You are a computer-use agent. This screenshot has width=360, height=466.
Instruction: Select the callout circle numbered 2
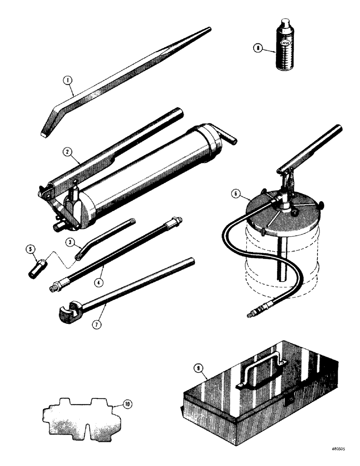(69, 153)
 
